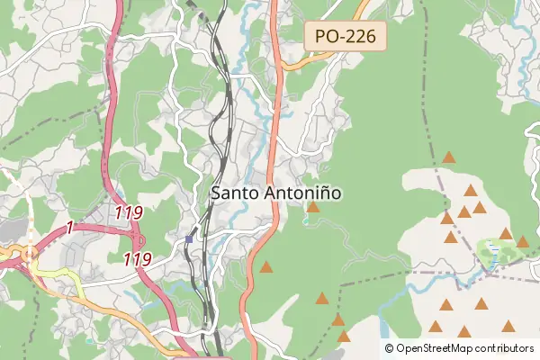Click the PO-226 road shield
click(x=346, y=37)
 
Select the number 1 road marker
click(x=68, y=229)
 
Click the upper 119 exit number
click(x=130, y=213)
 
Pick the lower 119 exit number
click(x=137, y=258)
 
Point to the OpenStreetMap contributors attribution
click(x=459, y=348)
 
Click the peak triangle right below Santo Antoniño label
click(x=312, y=207)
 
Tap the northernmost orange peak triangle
click(x=448, y=157)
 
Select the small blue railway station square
click(x=190, y=239)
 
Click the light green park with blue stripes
click(x=491, y=252)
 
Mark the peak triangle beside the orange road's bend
click(x=265, y=266)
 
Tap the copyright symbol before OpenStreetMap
click(x=390, y=348)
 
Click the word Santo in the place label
click(x=230, y=193)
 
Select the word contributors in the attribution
click(x=500, y=348)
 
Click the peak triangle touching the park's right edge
click(x=522, y=241)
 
